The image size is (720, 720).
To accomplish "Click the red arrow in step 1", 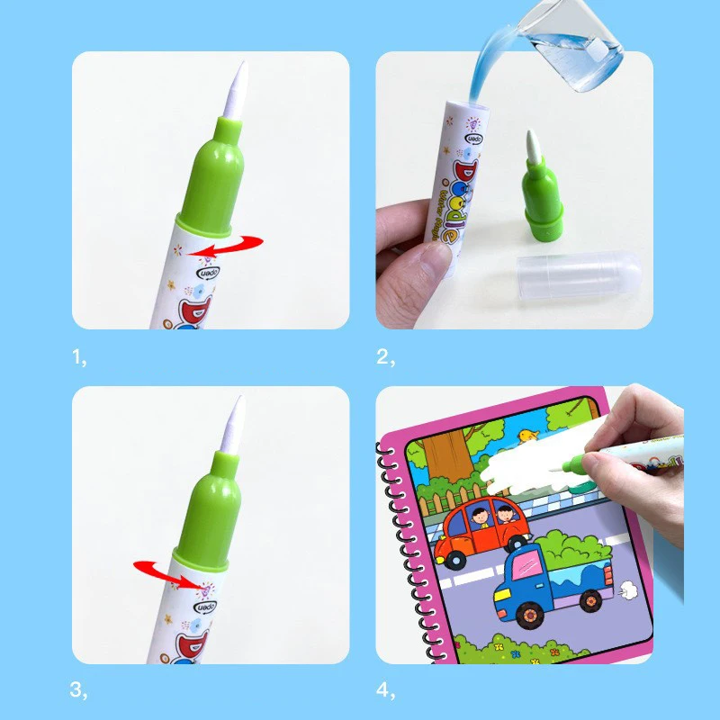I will pos(231,245).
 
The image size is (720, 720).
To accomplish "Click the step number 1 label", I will pos(79,357).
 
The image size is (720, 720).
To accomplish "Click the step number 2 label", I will pos(384,357).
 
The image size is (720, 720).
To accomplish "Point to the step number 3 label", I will pos(79,691).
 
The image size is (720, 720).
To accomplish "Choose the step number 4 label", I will pos(384,691).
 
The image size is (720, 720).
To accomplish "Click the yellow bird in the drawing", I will pos(527,437).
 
